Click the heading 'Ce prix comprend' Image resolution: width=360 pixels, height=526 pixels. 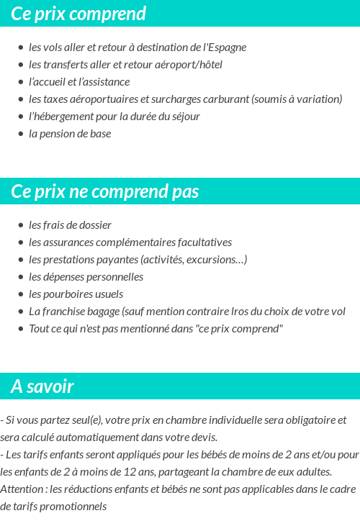coord(78,14)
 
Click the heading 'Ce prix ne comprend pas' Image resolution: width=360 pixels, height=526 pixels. coord(105,191)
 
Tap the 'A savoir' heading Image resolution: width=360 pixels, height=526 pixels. coord(42,386)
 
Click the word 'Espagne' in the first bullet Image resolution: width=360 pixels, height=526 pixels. coord(225,47)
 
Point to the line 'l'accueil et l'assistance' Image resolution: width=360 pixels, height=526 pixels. coord(79,82)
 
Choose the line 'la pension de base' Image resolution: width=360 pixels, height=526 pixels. coord(70,134)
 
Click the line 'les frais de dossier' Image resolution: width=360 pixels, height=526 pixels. coord(70,225)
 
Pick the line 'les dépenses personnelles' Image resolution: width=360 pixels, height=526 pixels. coord(86,277)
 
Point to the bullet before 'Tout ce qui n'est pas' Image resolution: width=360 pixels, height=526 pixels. coord(21,329)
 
